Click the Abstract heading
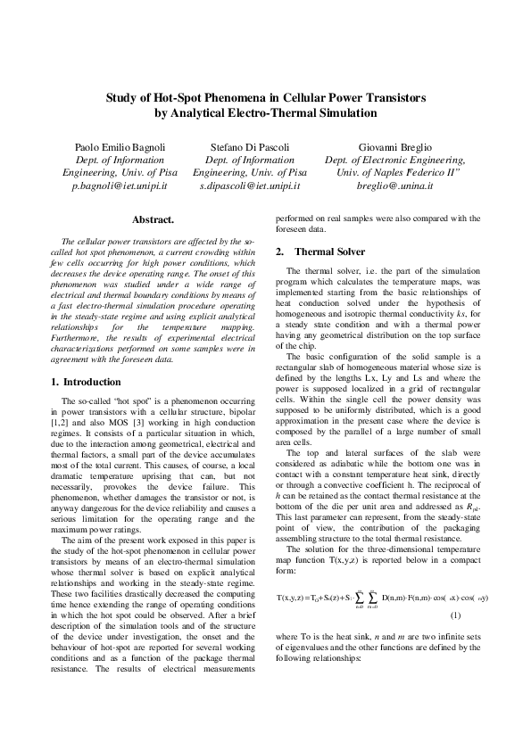(x=152, y=219)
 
